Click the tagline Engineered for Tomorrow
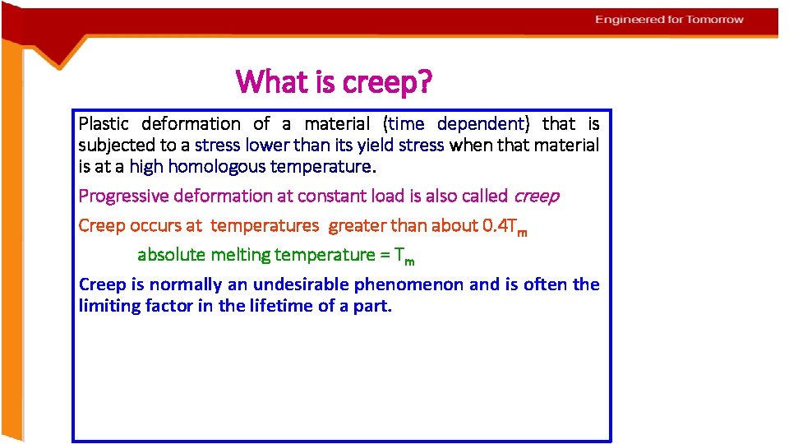669,20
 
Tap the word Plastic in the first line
104,124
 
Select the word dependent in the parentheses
480,124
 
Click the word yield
371,146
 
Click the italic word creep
536,197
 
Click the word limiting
108,307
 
